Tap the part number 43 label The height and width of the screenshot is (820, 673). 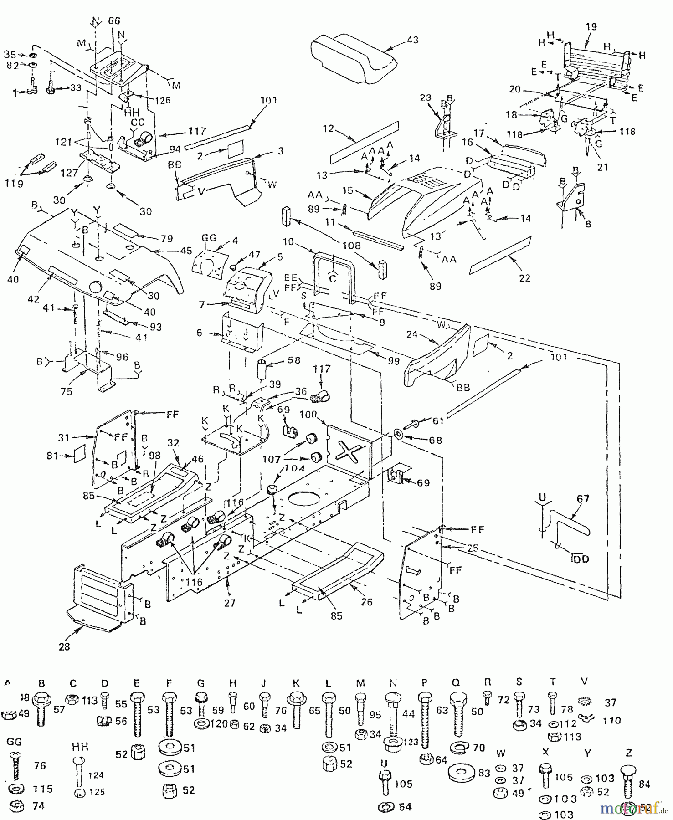[412, 40]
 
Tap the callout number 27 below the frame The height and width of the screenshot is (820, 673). [230, 603]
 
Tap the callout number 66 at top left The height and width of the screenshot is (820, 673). [113, 20]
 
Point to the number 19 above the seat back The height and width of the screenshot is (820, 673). [591, 26]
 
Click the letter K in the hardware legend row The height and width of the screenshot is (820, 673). [296, 683]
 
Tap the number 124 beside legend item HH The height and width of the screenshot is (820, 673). [96, 774]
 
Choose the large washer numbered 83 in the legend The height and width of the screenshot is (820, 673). [460, 773]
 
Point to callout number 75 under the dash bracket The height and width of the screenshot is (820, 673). [67, 391]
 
